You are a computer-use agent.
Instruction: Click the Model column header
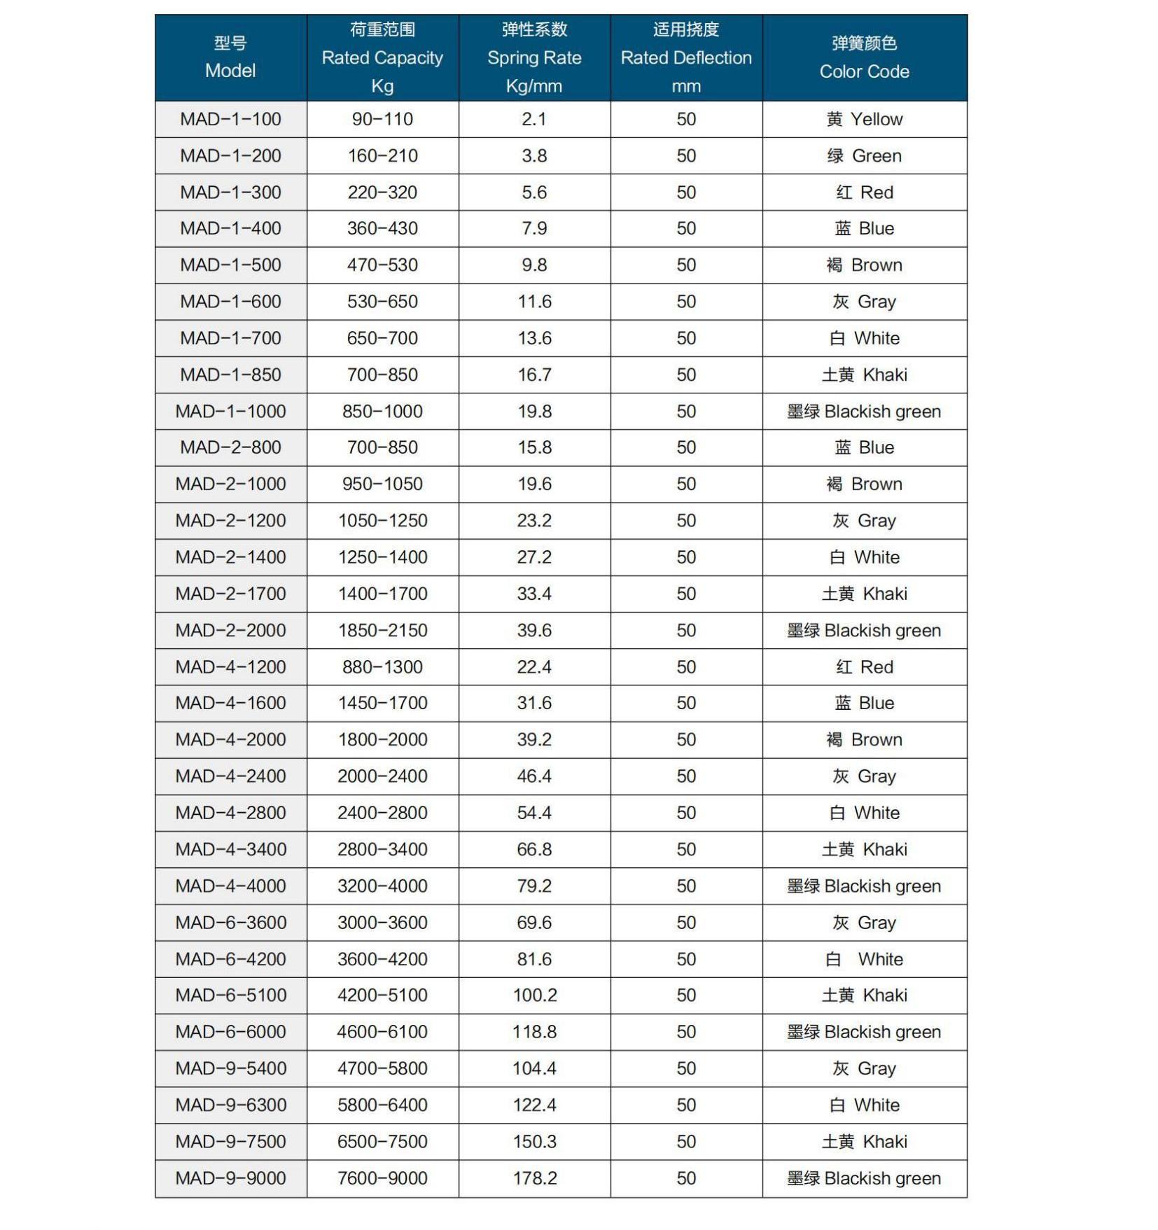[230, 57]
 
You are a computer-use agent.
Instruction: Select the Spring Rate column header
[534, 57]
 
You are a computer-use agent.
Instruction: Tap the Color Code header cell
[864, 57]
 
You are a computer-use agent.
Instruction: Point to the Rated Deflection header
[686, 57]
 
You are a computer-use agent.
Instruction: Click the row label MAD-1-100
[230, 119]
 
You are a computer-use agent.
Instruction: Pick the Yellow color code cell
[864, 119]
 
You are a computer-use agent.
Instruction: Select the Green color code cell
[864, 155]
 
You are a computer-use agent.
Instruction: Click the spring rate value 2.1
[534, 119]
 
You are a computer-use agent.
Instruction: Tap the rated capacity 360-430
[382, 228]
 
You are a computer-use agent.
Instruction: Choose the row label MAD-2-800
[230, 447]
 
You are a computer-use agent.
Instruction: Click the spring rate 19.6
[534, 484]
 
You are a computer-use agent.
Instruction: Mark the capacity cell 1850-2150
[382, 630]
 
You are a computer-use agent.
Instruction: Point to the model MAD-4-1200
[230, 666]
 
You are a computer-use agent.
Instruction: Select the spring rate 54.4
[534, 813]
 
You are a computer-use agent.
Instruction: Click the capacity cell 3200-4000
[382, 886]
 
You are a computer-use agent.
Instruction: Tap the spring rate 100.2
[534, 995]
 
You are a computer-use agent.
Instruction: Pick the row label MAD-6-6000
[230, 1032]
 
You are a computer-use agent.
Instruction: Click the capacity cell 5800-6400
[382, 1105]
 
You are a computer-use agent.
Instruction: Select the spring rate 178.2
[534, 1178]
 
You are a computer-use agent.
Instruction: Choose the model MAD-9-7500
[230, 1141]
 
